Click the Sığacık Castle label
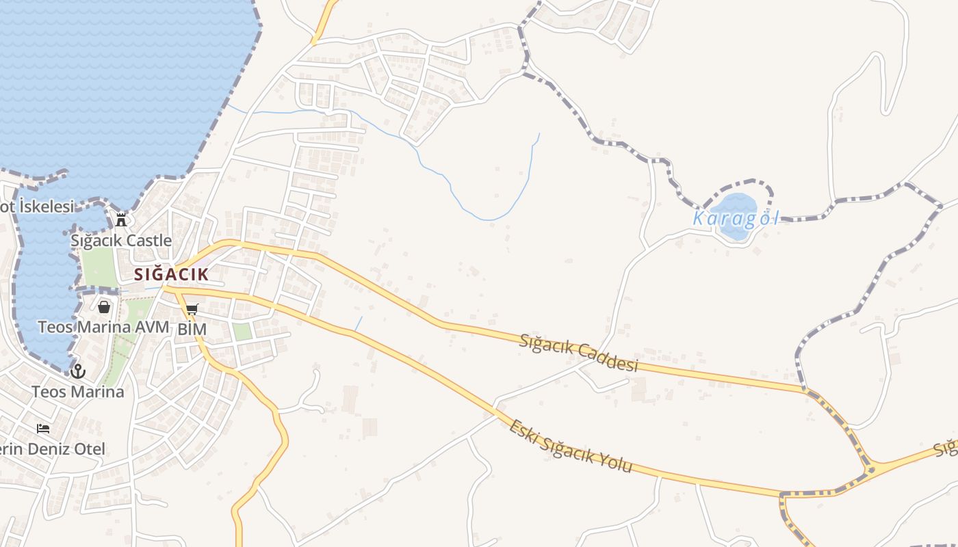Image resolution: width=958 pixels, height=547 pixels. click(121, 241)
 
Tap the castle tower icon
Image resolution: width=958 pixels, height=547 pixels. click(121, 219)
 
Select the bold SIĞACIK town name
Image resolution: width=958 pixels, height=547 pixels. click(170, 275)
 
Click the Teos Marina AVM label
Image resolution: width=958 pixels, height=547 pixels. click(103, 327)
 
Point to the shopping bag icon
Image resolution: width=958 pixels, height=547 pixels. click(104, 307)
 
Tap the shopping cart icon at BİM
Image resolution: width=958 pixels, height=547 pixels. click(192, 310)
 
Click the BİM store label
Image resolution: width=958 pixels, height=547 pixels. click(192, 329)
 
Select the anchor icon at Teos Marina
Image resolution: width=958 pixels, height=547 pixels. click(78, 371)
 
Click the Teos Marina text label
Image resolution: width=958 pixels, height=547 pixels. click(78, 392)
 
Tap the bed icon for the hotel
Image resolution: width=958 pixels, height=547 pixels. click(43, 429)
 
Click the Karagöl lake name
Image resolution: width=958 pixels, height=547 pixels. click(736, 219)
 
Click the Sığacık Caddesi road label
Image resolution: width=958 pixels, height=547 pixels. click(579, 353)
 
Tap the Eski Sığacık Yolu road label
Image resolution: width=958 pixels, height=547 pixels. click(570, 447)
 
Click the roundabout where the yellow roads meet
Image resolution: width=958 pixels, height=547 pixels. click(870, 470)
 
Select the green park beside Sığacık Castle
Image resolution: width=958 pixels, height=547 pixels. click(99, 267)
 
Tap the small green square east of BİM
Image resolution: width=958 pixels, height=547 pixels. click(242, 331)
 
